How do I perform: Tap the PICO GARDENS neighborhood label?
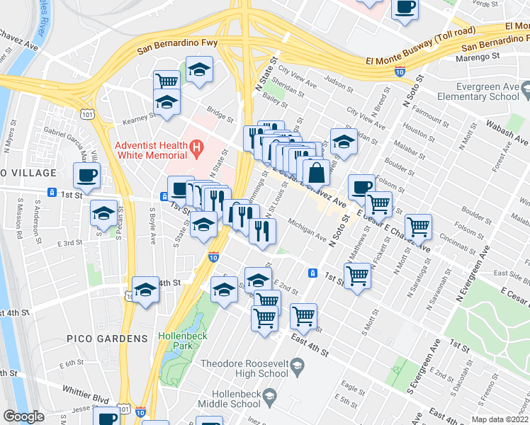107,339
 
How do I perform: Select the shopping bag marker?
316,171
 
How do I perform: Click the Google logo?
23,416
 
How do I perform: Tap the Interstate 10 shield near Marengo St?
400,72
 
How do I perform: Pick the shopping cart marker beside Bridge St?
167,81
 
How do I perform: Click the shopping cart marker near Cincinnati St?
419,227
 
